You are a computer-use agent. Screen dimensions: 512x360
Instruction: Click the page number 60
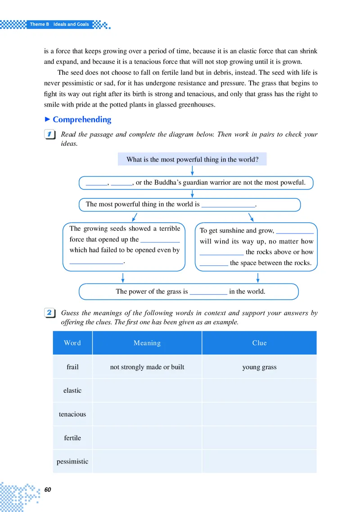point(48,489)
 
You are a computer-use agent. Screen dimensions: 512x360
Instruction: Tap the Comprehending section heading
point(81,120)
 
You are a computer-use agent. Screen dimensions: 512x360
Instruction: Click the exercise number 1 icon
point(50,135)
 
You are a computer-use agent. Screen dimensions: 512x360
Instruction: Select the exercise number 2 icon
point(50,313)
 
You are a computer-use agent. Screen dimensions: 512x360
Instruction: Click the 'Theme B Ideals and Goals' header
point(59,24)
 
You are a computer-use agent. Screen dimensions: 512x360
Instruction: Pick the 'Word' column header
point(72,343)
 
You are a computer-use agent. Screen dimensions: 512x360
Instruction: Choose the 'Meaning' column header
point(147,343)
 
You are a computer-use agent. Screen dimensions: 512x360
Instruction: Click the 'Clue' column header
point(259,343)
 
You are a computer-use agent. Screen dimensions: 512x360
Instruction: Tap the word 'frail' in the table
point(72,367)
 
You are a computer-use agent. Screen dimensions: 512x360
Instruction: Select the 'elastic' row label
point(72,391)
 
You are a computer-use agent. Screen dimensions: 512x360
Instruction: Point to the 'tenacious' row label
point(72,414)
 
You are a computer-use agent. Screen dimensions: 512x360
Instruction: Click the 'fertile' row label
point(72,438)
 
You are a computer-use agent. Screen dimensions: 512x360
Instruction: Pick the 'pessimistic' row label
point(72,462)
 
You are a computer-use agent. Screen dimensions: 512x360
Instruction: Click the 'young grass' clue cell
point(259,367)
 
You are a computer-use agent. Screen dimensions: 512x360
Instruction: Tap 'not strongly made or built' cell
point(147,367)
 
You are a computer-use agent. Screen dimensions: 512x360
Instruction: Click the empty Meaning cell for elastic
point(147,391)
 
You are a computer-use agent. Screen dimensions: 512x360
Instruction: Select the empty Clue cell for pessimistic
point(259,462)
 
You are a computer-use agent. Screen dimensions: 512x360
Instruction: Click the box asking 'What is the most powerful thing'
point(192,159)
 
